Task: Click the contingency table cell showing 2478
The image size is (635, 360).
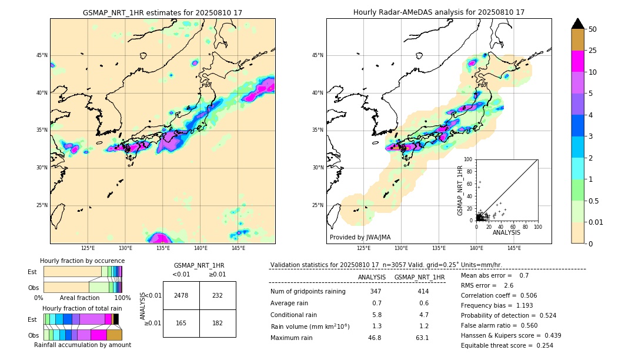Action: pyautogui.click(x=181, y=295)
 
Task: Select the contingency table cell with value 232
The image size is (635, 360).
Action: pyautogui.click(x=218, y=295)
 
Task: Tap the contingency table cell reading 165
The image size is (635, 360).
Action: pyautogui.click(x=181, y=323)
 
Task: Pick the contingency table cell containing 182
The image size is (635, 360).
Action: pyautogui.click(x=218, y=323)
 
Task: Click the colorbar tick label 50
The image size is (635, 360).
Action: pyautogui.click(x=593, y=29)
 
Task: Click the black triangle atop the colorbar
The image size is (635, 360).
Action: pyautogui.click(x=578, y=24)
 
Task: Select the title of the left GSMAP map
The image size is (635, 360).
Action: pyautogui.click(x=162, y=12)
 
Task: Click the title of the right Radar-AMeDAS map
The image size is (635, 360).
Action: pyautogui.click(x=439, y=12)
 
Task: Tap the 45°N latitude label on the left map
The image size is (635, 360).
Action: pyautogui.click(x=42, y=55)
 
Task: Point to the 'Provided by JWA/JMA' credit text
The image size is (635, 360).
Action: pyautogui.click(x=360, y=238)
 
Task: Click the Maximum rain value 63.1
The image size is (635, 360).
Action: pyautogui.click(x=422, y=338)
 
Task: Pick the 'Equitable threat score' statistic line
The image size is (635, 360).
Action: pyautogui.click(x=507, y=345)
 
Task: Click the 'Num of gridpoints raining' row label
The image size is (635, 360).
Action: pyautogui.click(x=308, y=292)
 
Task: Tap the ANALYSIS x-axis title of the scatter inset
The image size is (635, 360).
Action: pyautogui.click(x=506, y=232)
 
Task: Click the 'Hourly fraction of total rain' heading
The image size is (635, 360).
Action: pyautogui.click(x=82, y=308)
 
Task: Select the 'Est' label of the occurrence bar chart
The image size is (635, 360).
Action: pyautogui.click(x=32, y=272)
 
